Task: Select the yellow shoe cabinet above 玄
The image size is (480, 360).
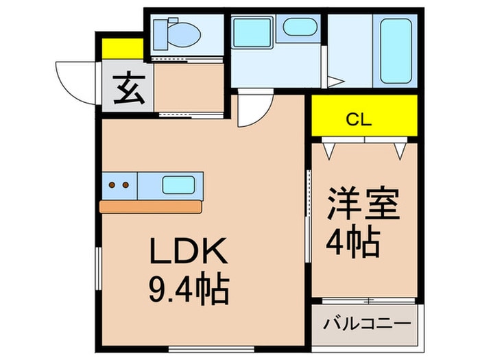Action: (122, 48)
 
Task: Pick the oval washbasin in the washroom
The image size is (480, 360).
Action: (299, 28)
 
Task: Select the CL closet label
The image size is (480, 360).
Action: (358, 120)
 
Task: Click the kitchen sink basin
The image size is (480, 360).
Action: (177, 184)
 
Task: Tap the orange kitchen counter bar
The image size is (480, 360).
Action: (150, 206)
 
